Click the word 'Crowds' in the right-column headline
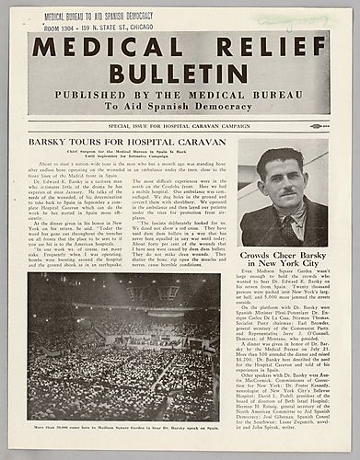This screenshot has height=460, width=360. click(261, 256)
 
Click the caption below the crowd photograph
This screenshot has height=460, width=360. click(123, 428)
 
